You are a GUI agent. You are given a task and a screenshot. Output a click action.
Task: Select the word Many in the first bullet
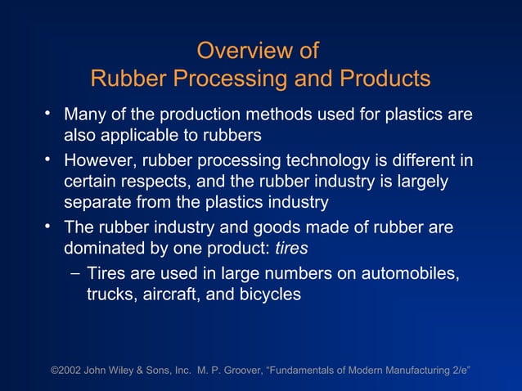coord(85,115)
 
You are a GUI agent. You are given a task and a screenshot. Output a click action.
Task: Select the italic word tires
coord(290,246)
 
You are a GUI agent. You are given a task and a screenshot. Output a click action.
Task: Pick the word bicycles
coord(269,294)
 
